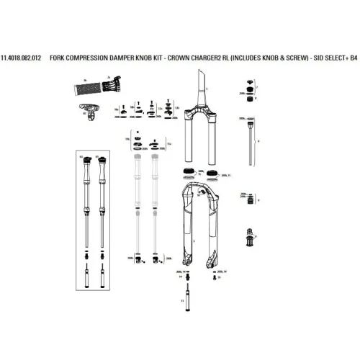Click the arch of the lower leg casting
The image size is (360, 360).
click(x=197, y=192)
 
